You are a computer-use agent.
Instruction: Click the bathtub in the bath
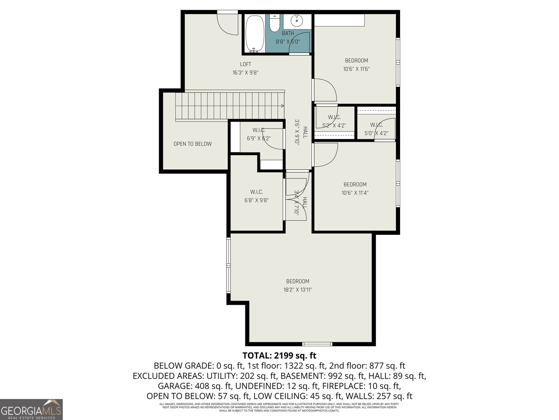click(x=254, y=34)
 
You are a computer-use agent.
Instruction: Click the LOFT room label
click(x=246, y=64)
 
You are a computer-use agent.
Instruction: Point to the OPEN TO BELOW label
click(x=193, y=144)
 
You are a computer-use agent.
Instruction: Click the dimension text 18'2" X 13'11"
click(x=298, y=290)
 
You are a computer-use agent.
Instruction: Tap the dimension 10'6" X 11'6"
click(x=356, y=69)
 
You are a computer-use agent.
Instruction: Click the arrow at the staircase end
click(x=282, y=106)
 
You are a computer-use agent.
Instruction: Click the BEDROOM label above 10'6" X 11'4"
click(x=355, y=184)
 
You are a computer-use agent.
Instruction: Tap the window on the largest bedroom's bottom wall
click(x=317, y=344)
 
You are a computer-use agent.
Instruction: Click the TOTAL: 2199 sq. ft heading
click(x=279, y=356)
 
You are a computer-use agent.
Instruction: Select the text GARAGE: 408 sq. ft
click(x=195, y=386)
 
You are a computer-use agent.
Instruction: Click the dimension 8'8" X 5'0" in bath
click(x=288, y=42)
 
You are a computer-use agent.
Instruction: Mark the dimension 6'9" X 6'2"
click(x=259, y=138)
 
